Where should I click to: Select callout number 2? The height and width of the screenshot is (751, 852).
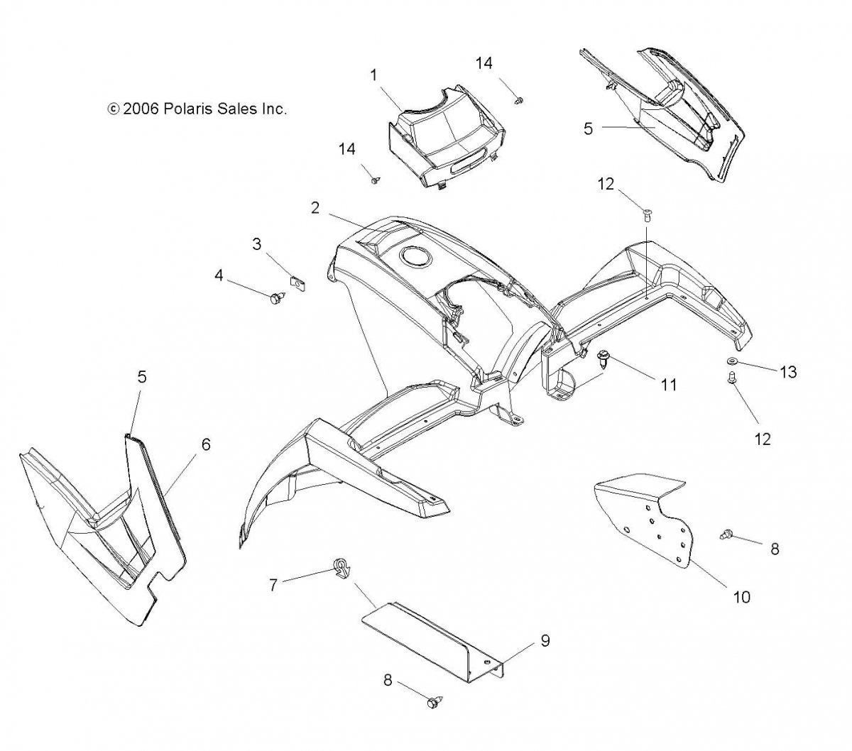coord(315,208)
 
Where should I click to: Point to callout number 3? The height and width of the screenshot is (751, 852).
coord(257,244)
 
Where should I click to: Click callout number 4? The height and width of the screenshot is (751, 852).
coord(219,274)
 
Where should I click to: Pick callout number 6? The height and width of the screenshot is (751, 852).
coord(206,445)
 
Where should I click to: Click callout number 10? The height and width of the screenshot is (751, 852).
coord(741,597)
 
